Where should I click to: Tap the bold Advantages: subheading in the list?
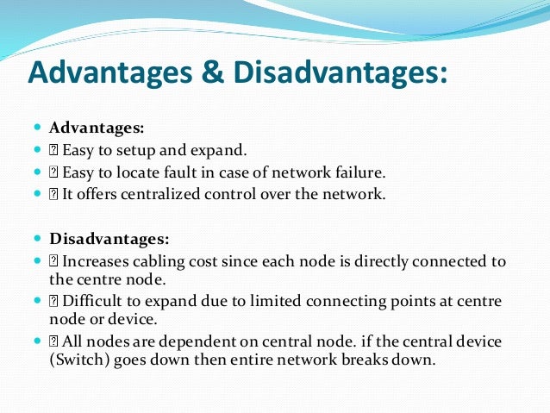[97, 128]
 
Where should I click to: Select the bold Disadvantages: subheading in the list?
[109, 237]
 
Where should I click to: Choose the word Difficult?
[92, 301]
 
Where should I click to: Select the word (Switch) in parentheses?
[76, 360]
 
